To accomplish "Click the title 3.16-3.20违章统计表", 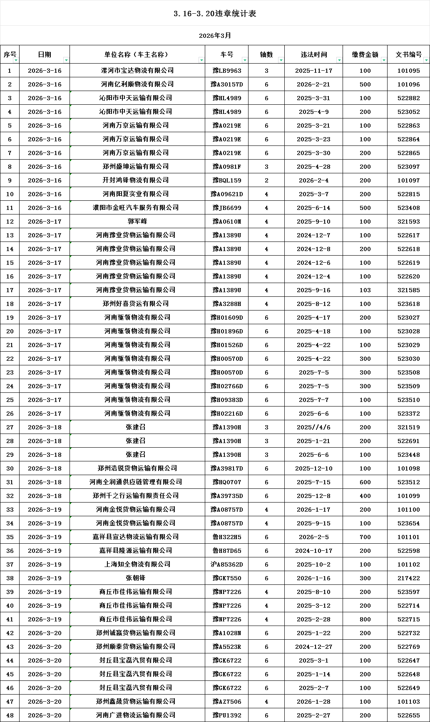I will pyautogui.click(x=215, y=14).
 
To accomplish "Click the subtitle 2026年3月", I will pyautogui.click(x=215, y=36).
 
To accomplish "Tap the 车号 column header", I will pyautogui.click(x=227, y=54).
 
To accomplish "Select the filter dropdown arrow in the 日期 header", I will pyautogui.click(x=66, y=60).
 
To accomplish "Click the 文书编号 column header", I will pyautogui.click(x=408, y=54).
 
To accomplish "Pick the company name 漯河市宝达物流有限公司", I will pyautogui.click(x=137, y=71).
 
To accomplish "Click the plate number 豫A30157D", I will pyautogui.click(x=227, y=84).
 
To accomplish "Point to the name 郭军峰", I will pyautogui.click(x=137, y=222).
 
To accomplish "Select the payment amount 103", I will pyautogui.click(x=365, y=290).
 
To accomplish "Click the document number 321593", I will pyautogui.click(x=408, y=222).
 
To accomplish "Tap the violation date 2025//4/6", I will pyautogui.click(x=313, y=427).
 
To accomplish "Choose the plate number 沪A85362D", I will pyautogui.click(x=227, y=564).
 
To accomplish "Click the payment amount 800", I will pyautogui.click(x=365, y=619).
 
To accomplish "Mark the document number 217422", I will pyautogui.click(x=408, y=578).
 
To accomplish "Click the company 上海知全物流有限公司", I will pyautogui.click(x=137, y=564).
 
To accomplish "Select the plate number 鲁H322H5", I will pyautogui.click(x=227, y=537).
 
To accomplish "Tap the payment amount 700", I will pyautogui.click(x=365, y=537).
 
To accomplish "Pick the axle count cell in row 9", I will pyautogui.click(x=266, y=180).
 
